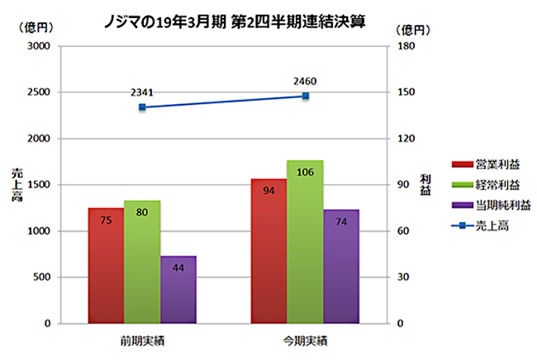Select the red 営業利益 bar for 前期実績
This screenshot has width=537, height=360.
click(x=106, y=264)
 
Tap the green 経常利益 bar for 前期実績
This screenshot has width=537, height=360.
click(x=142, y=261)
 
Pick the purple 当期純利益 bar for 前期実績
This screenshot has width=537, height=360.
click(x=178, y=289)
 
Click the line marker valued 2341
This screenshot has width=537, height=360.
click(x=142, y=107)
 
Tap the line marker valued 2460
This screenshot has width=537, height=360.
click(x=305, y=96)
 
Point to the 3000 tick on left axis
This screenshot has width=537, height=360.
click(x=38, y=46)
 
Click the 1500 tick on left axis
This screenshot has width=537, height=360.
click(x=38, y=185)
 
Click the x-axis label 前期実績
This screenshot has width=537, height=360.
click(x=142, y=339)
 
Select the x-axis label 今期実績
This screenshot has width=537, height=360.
click(x=305, y=339)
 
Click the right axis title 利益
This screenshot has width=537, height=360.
click(x=425, y=185)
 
